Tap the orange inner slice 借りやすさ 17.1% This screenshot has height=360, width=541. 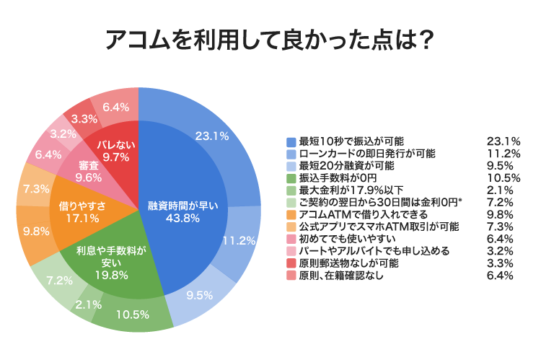click(82, 211)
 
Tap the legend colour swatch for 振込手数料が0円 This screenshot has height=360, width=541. click(291, 177)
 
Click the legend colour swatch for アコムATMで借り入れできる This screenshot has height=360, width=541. click(291, 214)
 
